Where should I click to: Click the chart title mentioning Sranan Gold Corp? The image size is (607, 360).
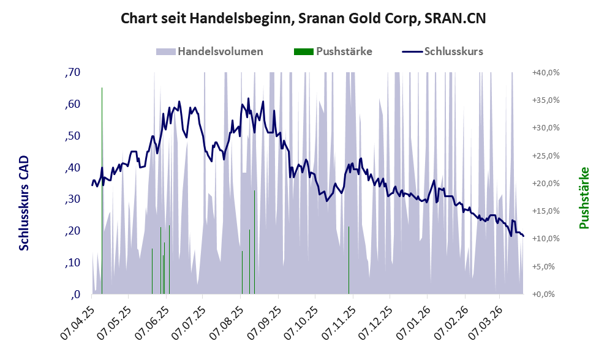pos(304,18)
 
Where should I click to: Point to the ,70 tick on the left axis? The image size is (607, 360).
pos(72,72)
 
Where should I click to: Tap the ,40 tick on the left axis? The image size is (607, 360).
pos(72,168)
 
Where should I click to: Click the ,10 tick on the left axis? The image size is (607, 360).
pos(72,263)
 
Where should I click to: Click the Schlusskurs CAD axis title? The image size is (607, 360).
pos(24,202)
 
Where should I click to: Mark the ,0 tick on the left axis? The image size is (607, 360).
pos(75,294)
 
